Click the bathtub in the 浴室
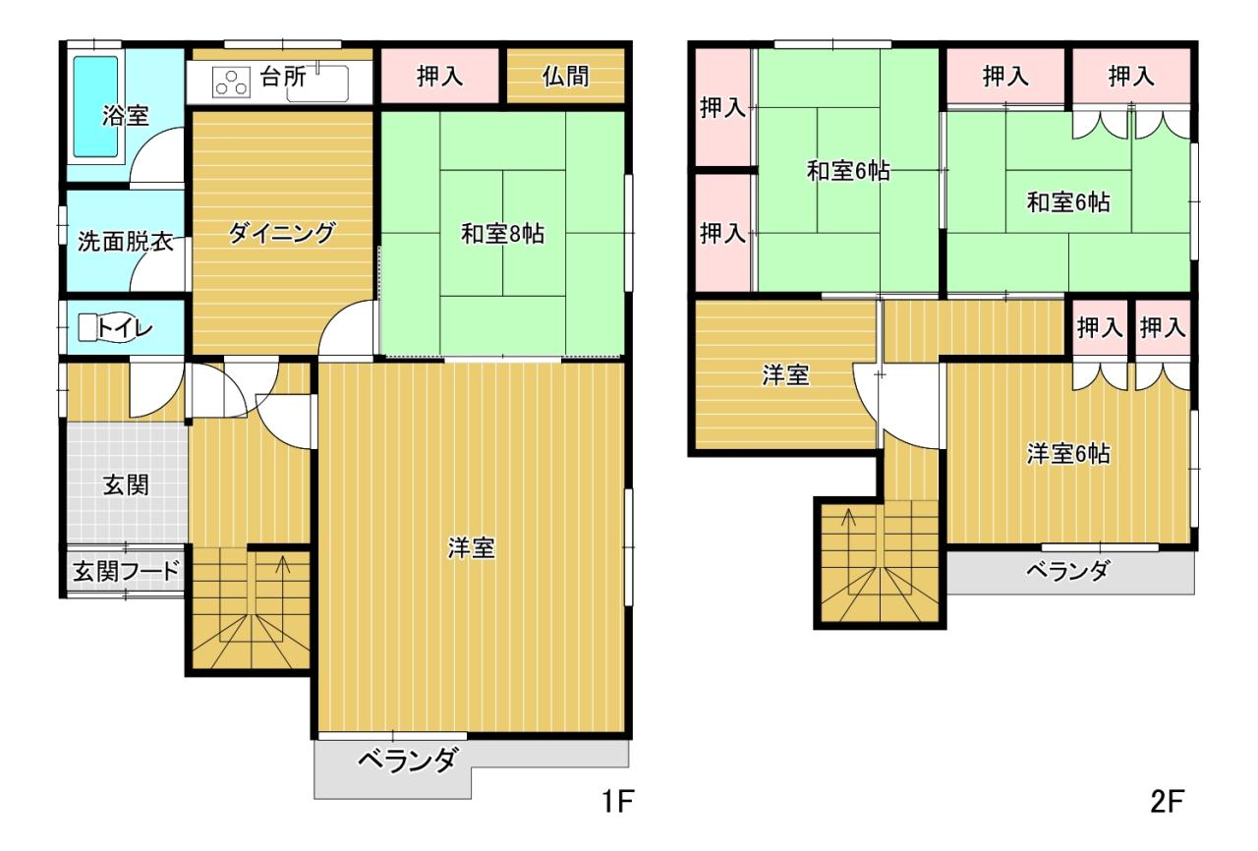[x=96, y=107]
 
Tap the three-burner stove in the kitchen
[x=231, y=84]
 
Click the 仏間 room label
[x=565, y=77]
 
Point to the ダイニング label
[x=282, y=233]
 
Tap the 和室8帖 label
[x=502, y=234]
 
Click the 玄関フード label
[x=126, y=572]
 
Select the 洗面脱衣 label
[x=125, y=242]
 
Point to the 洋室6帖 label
[x=1068, y=454]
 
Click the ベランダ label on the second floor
[x=1067, y=572]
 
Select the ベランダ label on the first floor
[x=408, y=762]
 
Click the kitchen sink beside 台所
[x=317, y=84]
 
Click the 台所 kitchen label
[x=283, y=77]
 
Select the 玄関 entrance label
[x=126, y=485]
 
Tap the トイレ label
[x=125, y=328]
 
